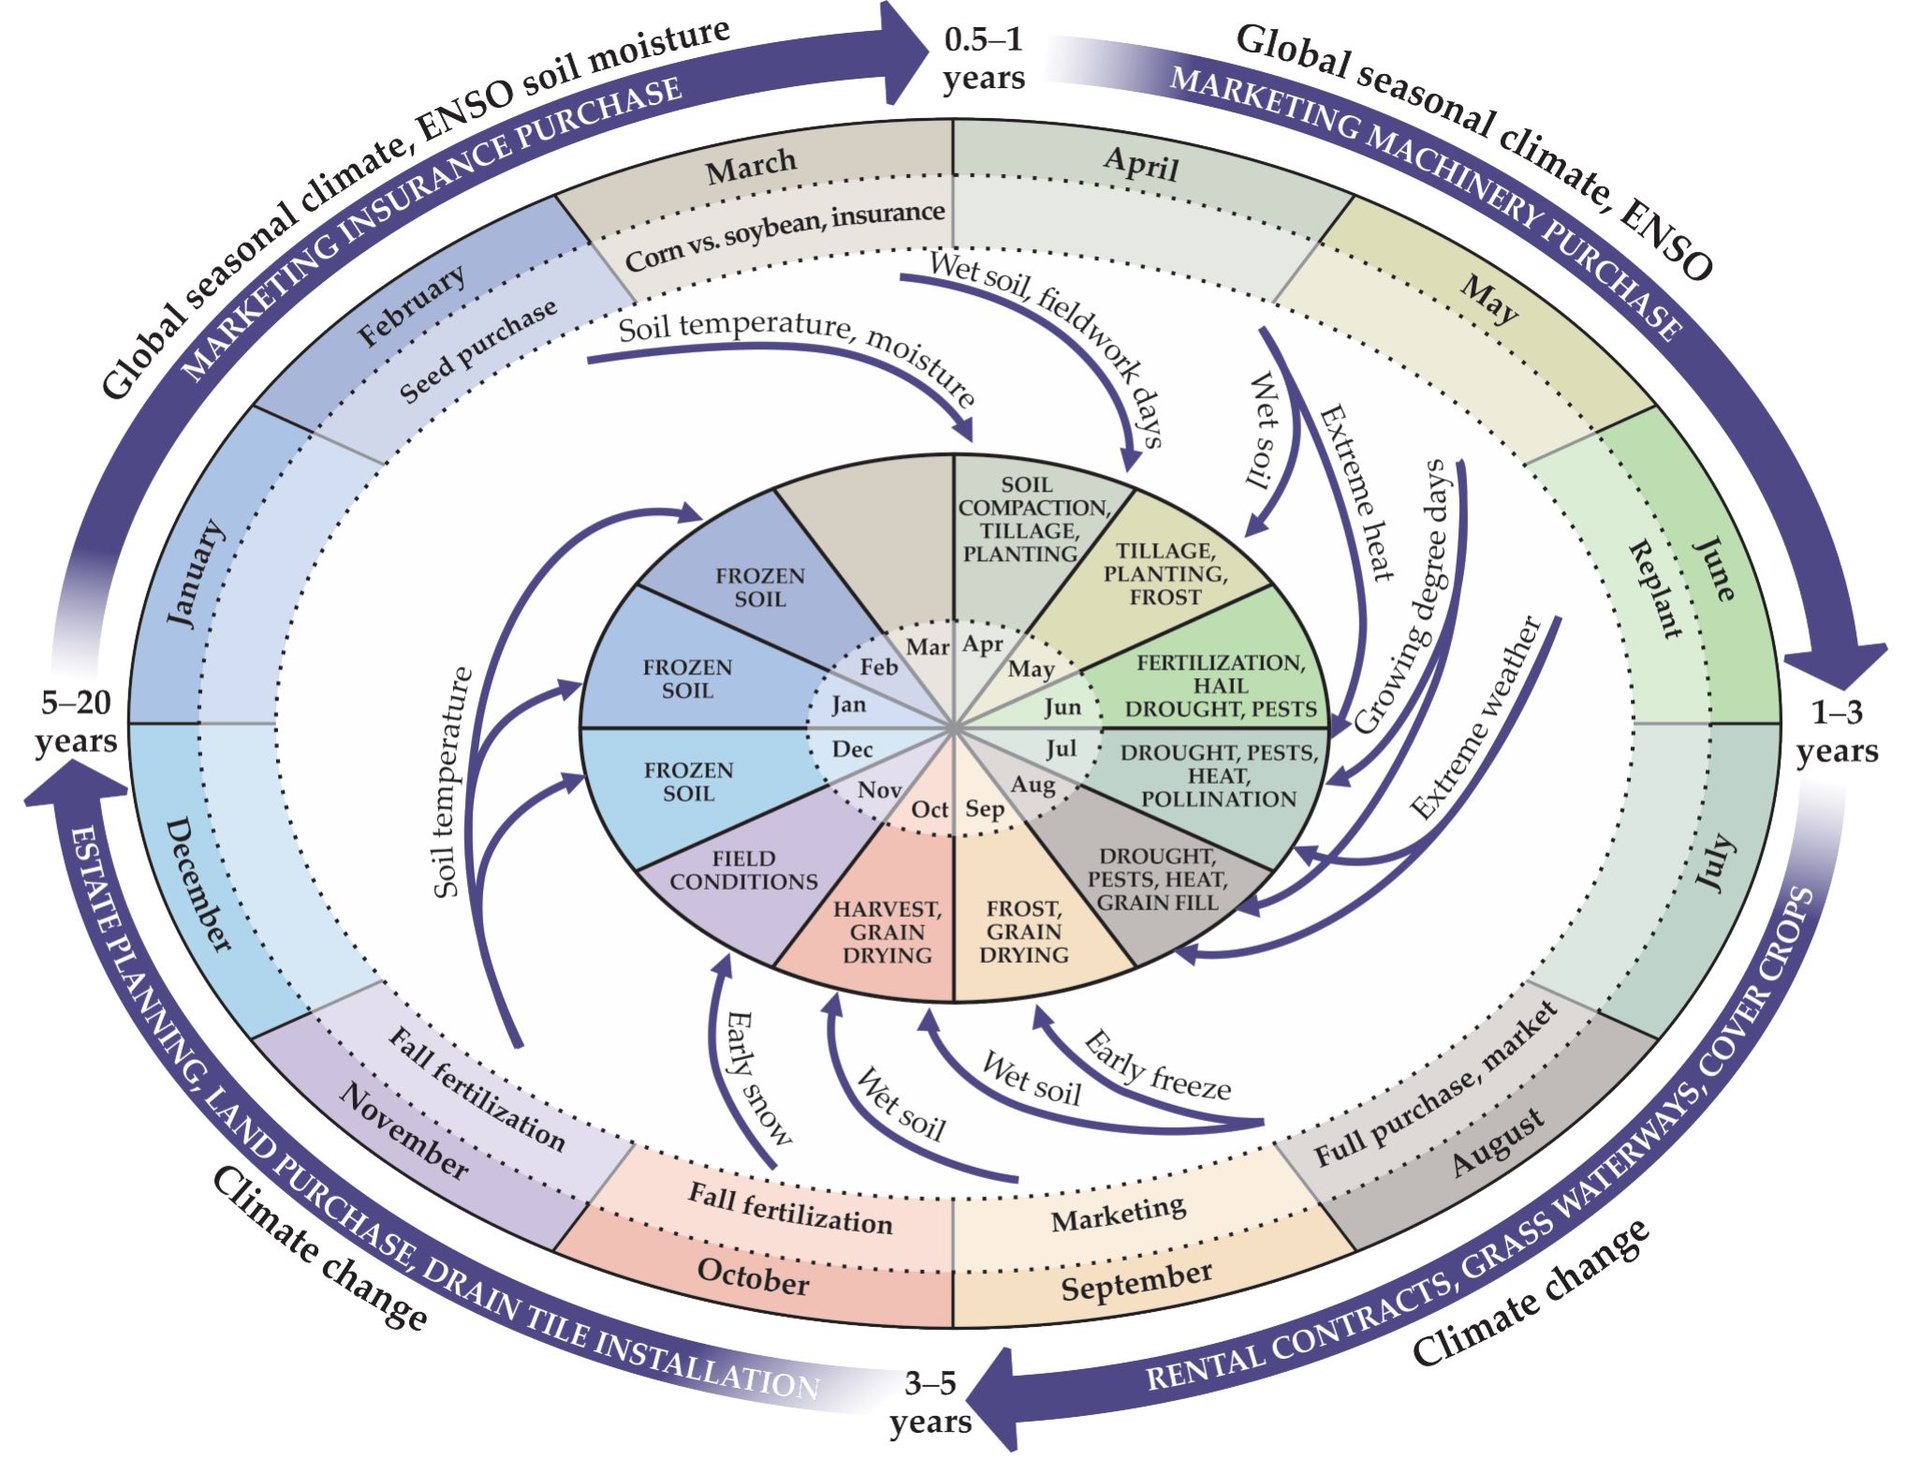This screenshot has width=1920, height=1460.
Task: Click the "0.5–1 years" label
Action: pos(983,59)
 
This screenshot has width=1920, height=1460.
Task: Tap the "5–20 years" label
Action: pos(76,721)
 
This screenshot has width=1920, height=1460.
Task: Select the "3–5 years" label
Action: pos(931,1402)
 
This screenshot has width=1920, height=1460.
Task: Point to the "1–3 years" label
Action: pos(1837,731)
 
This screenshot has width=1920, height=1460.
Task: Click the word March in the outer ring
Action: pos(751,168)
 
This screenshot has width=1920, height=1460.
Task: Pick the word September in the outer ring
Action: pos(1136,1281)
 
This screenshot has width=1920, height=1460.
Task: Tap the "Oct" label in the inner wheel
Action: pos(930,809)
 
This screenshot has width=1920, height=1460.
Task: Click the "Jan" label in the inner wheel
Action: pos(848,704)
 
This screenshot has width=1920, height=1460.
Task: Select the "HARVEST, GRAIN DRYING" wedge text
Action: pos(887,932)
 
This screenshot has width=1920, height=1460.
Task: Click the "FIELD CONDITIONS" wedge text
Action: pos(743,870)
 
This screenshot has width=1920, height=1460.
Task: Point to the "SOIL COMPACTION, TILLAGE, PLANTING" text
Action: pos(1028,519)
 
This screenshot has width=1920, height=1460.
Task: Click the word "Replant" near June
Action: pos(1654,588)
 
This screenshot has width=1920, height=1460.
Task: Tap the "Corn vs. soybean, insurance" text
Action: pos(784,236)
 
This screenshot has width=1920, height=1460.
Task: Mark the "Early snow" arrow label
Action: pos(758,1078)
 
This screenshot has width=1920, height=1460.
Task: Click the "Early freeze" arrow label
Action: pos(1157,1065)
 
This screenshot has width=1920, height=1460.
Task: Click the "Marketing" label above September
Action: pos(1119,1214)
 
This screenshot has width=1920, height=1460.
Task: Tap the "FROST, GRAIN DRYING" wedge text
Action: pos(1024,932)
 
